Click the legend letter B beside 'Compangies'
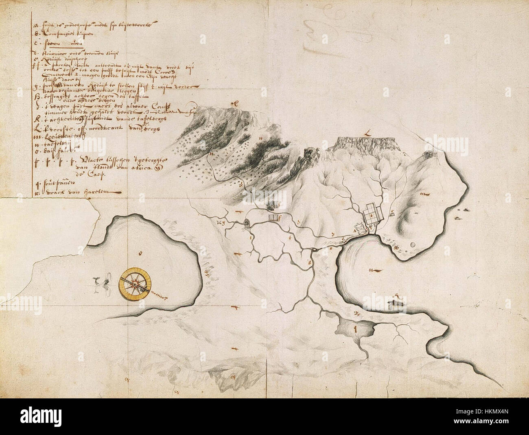pyautogui.click(x=36, y=35)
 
